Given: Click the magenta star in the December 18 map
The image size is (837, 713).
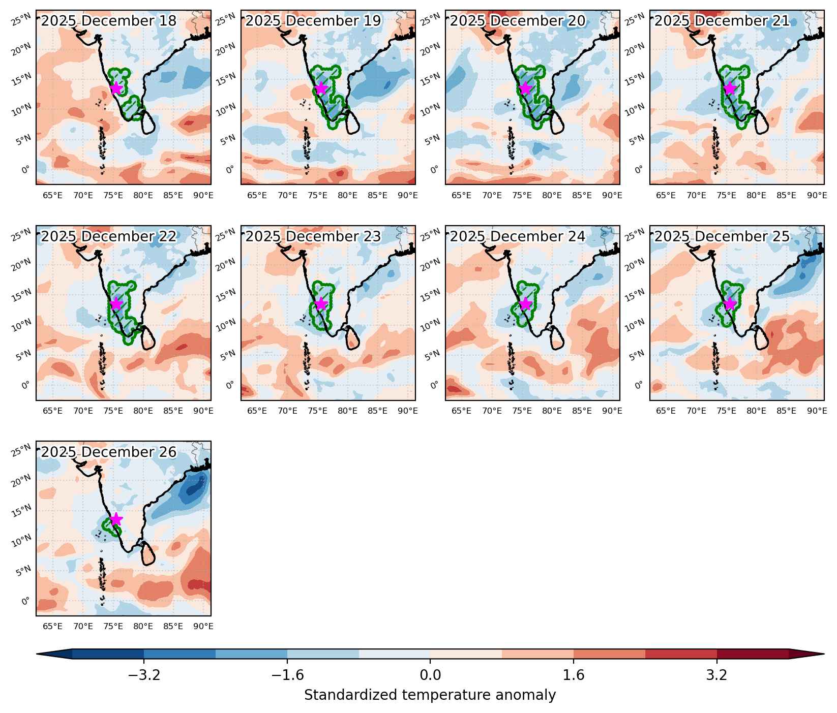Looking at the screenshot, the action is click(x=116, y=88).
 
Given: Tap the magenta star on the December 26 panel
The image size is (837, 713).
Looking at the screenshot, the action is click(x=116, y=519).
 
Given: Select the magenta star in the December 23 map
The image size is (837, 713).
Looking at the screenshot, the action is click(x=321, y=304).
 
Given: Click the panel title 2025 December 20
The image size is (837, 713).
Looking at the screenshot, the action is click(x=518, y=21).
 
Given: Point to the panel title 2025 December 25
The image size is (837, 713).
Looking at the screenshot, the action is click(x=722, y=237).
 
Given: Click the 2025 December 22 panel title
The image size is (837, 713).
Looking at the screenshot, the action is click(x=109, y=237).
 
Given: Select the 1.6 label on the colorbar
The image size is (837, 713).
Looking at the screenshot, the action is click(x=574, y=675).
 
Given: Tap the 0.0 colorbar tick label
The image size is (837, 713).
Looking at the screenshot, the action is click(x=430, y=675).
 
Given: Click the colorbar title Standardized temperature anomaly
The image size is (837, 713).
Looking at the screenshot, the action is click(x=430, y=695).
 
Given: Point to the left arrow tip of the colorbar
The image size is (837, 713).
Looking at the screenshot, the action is click(x=37, y=654).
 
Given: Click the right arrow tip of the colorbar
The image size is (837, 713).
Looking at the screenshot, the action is click(x=824, y=654).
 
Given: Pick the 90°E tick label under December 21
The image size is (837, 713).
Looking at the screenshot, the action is click(x=817, y=195).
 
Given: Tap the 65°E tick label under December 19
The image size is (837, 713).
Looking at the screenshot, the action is click(x=257, y=195).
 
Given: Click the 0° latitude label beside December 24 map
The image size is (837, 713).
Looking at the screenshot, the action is click(x=434, y=385).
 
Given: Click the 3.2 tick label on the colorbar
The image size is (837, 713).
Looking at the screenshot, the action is click(x=717, y=675).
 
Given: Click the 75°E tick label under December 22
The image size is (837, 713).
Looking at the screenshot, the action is click(x=113, y=411).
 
